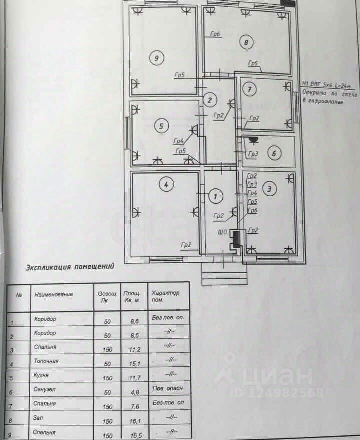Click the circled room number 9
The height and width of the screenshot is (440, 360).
pyautogui.click(x=156, y=58)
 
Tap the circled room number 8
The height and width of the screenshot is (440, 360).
pyautogui.click(x=246, y=42)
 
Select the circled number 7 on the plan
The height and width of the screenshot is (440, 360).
pyautogui.click(x=249, y=89)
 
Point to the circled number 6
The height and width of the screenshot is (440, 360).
pyautogui.click(x=273, y=153)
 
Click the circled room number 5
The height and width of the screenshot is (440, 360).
pyautogui.click(x=160, y=126)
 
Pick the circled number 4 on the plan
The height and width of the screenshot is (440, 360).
pyautogui.click(x=167, y=185)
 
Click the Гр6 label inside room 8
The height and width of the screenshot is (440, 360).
pyautogui.click(x=215, y=34)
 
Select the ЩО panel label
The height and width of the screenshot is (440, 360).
pyautogui.click(x=223, y=232)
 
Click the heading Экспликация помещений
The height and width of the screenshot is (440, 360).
pyautogui.click(x=70, y=267)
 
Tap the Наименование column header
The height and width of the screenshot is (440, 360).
pyautogui.click(x=54, y=294)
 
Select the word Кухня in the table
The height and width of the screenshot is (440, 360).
pyautogui.click(x=42, y=374)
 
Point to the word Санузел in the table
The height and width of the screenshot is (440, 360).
pyautogui.click(x=45, y=389)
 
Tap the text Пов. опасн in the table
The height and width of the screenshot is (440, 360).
pyautogui.click(x=166, y=388)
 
